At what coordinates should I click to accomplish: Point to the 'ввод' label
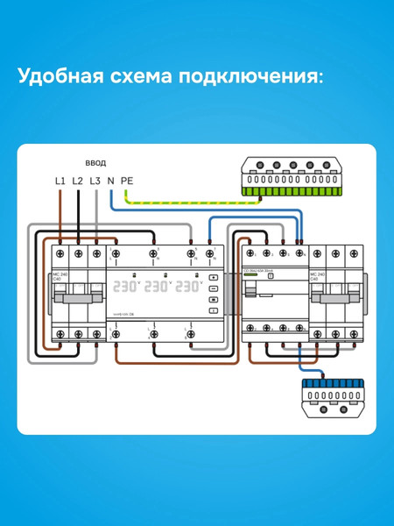tap(95, 163)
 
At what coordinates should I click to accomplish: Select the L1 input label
tap(60, 181)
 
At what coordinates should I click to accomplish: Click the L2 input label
tap(77, 181)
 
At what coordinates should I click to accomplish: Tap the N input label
tap(110, 181)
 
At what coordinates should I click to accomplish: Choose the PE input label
tap(127, 181)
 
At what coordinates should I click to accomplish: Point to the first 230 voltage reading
tap(128, 286)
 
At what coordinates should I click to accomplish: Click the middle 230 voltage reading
tap(158, 286)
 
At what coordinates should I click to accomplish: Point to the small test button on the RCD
tap(271, 275)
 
